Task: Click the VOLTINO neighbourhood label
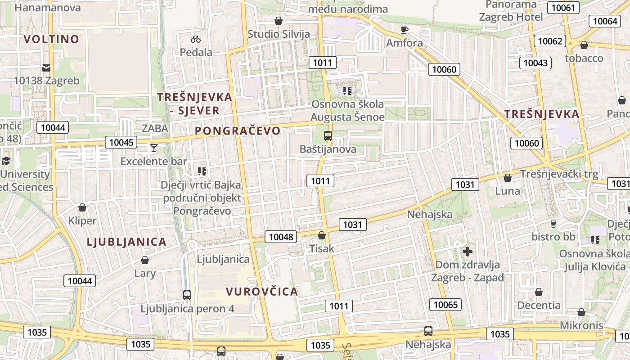click(51, 39)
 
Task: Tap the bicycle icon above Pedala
click(196, 40)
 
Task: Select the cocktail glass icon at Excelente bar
click(154, 148)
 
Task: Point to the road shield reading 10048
click(281, 237)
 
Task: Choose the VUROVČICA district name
click(262, 292)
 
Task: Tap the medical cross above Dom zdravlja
click(468, 251)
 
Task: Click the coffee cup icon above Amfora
click(404, 30)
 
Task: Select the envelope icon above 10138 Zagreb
click(46, 68)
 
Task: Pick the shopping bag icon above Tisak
click(322, 235)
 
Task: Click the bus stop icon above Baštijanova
click(328, 136)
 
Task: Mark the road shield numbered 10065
click(445, 305)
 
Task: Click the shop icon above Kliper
click(82, 207)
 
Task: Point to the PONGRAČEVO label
click(238, 131)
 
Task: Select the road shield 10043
click(535, 63)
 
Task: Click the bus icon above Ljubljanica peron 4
click(187, 295)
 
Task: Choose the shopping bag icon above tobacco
click(584, 45)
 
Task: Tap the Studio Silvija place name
click(279, 34)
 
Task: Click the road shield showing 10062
click(550, 41)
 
